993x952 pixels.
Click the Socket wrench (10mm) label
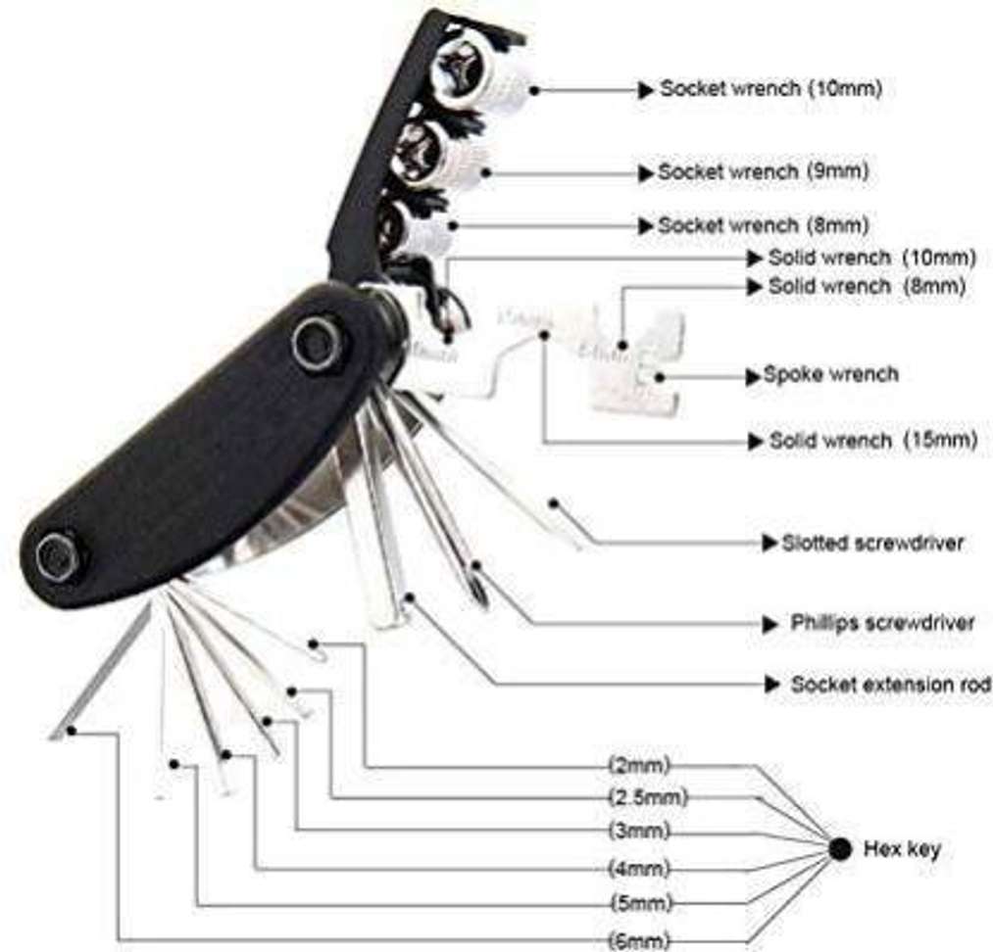point(770,88)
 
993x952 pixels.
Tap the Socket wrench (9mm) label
point(763,171)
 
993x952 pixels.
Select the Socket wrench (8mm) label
point(763,225)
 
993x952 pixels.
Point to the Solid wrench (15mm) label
point(873,440)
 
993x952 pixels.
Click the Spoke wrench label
point(831,374)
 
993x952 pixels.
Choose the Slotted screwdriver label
point(872,543)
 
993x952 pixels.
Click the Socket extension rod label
point(891,685)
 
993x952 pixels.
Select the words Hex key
point(903,849)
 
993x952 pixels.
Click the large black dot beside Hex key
point(840,849)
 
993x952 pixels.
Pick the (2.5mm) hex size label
point(648,797)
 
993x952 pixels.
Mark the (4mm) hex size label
point(639,869)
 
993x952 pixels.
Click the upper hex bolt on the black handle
point(317,342)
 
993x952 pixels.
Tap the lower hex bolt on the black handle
point(58,557)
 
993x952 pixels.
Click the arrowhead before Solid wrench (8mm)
point(754,287)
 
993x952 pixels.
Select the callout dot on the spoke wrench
point(660,377)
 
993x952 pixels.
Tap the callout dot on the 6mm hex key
point(72,732)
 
